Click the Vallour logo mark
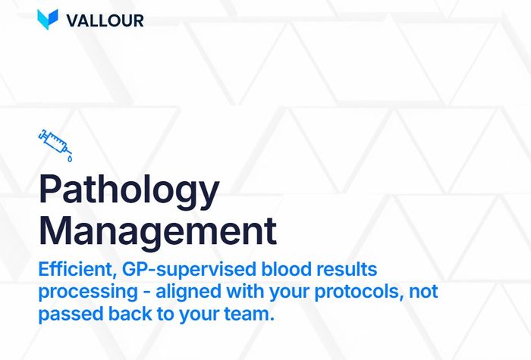tap(47, 20)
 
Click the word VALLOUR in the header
tap(105, 20)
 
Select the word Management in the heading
tap(158, 230)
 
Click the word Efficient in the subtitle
tap(74, 269)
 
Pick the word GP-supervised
tap(181, 270)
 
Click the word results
tap(342, 269)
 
